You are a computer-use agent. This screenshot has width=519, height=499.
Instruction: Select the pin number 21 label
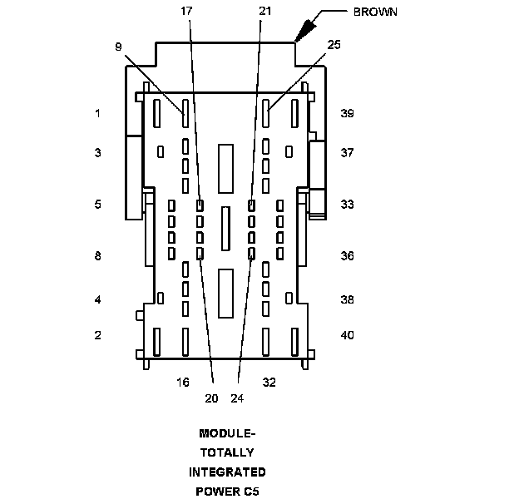(x=264, y=12)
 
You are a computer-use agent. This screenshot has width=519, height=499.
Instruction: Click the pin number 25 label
(x=334, y=44)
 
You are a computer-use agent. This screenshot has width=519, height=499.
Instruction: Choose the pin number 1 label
(x=98, y=113)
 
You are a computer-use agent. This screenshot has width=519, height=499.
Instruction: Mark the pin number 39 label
(x=347, y=113)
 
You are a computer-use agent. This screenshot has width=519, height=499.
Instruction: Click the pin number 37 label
(x=347, y=153)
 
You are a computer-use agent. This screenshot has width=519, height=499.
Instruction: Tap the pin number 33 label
(x=347, y=204)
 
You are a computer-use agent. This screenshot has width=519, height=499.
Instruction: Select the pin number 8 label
(x=98, y=256)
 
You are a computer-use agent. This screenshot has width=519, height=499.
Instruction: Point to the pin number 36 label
(x=347, y=256)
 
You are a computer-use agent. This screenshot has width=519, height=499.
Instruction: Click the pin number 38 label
(x=347, y=299)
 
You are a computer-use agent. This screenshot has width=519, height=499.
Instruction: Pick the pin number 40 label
(x=347, y=335)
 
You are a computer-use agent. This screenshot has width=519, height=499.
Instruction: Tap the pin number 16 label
(x=183, y=383)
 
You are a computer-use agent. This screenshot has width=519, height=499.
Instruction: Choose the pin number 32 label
(x=269, y=383)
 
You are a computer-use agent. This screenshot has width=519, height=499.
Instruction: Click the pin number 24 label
(x=237, y=398)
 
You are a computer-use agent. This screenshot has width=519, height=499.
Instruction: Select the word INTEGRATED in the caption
(x=227, y=472)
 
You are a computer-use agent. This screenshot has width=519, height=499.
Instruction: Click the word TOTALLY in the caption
(x=227, y=452)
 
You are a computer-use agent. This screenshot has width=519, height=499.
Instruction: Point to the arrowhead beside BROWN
(x=302, y=31)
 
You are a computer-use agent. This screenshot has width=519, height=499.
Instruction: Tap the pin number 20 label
(x=211, y=398)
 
